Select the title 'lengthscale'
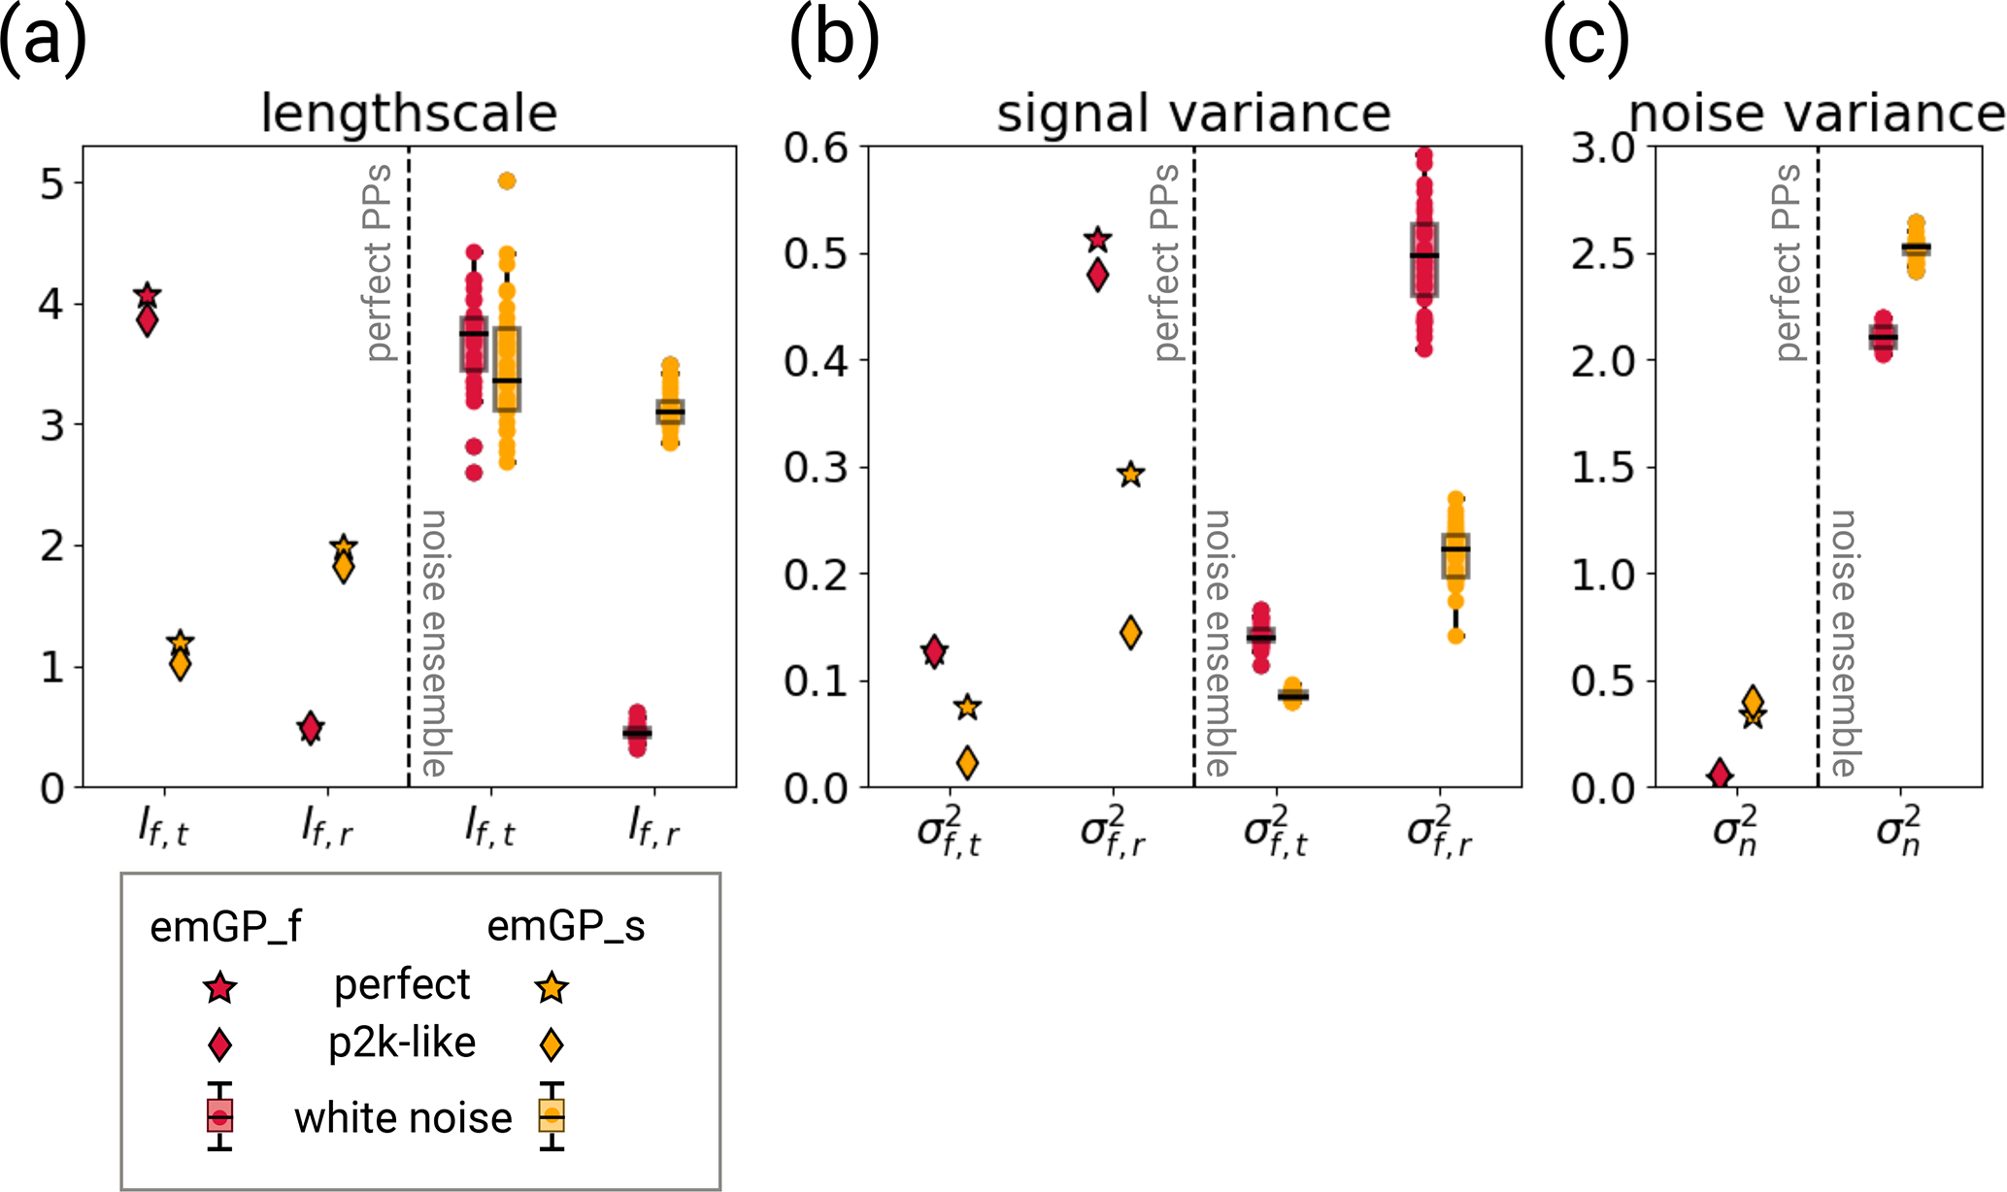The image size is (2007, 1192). [409, 114]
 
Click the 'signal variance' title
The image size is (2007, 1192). [1193, 114]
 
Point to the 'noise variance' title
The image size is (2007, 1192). [1816, 114]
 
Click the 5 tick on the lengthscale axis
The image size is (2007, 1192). [52, 183]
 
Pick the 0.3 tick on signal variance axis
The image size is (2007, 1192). [816, 467]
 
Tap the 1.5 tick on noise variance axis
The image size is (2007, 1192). [1601, 467]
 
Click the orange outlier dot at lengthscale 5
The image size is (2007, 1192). [507, 181]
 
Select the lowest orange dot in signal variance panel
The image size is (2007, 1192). [1455, 636]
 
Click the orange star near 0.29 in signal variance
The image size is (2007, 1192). [1130, 475]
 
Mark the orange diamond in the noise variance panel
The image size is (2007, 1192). [1753, 700]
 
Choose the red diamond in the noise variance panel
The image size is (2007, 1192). [1720, 774]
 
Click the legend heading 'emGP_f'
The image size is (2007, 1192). [225, 928]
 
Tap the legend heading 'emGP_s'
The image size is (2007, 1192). [565, 926]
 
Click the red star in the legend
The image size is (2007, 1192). [220, 988]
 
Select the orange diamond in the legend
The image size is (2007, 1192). [552, 1044]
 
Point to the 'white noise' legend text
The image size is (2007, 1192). [403, 1118]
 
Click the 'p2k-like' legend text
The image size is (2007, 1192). [402, 1043]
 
